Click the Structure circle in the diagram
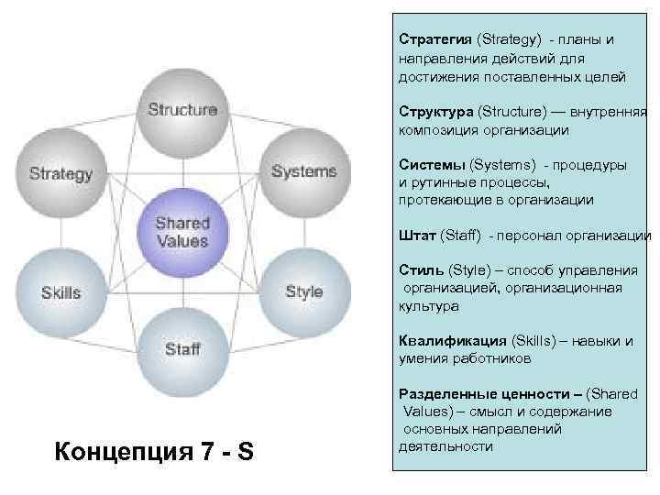click(x=182, y=111)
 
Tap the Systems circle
click(x=303, y=172)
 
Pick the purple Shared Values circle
click(x=182, y=232)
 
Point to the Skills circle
click(x=60, y=293)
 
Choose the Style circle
click(x=303, y=292)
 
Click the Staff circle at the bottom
click(x=182, y=349)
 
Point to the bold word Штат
click(x=418, y=236)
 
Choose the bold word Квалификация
click(x=452, y=341)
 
